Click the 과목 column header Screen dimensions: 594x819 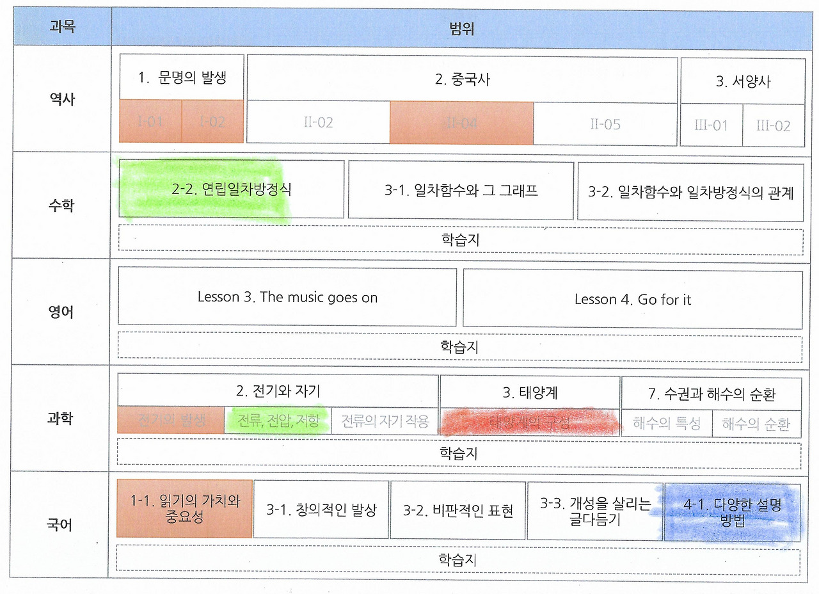click(62, 28)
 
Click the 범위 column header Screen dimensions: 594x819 click(462, 29)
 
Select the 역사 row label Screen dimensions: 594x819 click(62, 99)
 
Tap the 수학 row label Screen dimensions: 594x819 click(62, 205)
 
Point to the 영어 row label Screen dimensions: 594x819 click(62, 312)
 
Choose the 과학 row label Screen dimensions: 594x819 click(62, 419)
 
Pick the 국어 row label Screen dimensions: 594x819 click(62, 526)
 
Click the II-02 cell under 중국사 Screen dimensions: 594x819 click(318, 122)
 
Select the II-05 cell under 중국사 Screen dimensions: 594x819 click(605, 124)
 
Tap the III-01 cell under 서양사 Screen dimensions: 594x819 click(711, 125)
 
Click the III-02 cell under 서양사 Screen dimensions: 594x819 click(773, 125)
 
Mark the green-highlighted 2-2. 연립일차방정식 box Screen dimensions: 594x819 click(232, 189)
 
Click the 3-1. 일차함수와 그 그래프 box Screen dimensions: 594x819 click(460, 190)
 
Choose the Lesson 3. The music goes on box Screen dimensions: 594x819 click(287, 297)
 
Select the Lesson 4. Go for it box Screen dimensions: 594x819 click(632, 299)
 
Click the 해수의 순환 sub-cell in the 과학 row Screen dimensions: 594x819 click(756, 423)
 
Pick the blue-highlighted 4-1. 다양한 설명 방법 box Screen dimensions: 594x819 click(732, 511)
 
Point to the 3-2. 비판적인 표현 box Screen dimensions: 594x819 click(457, 510)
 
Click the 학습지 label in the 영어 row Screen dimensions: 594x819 click(459, 347)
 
